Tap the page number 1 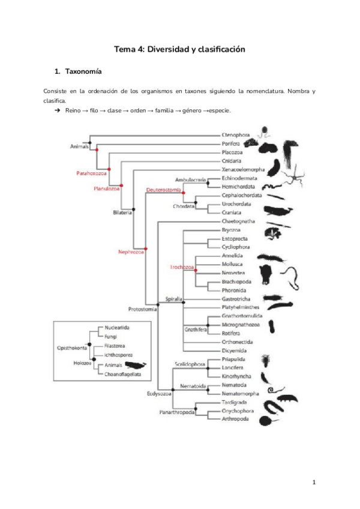click(x=314, y=483)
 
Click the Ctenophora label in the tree click(x=235, y=136)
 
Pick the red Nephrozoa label click(x=131, y=253)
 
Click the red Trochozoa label click(x=181, y=266)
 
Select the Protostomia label click(x=143, y=309)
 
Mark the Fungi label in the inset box click(x=111, y=337)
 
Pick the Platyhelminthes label click(x=242, y=307)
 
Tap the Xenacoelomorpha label click(x=243, y=170)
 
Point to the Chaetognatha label click(x=238, y=221)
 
